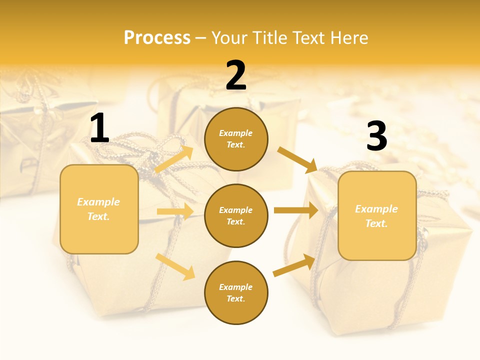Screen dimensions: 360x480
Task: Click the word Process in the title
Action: click(157, 38)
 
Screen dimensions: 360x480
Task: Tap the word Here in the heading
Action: click(347, 38)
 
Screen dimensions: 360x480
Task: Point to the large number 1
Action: click(99, 128)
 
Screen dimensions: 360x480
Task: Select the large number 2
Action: click(236, 75)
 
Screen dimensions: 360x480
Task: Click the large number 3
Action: click(376, 136)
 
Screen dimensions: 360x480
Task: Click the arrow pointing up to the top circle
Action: click(174, 159)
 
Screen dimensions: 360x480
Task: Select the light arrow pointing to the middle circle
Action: click(174, 211)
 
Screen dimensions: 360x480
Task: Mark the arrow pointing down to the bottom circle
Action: click(175, 266)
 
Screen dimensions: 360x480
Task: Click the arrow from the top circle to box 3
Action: click(297, 159)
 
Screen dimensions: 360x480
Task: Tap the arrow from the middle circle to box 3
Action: click(295, 210)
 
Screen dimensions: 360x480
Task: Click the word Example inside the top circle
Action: click(236, 133)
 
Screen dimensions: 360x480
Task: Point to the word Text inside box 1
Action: click(98, 216)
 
